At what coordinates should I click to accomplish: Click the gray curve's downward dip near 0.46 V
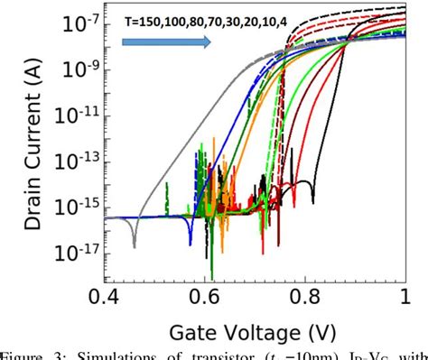tap(135, 244)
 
